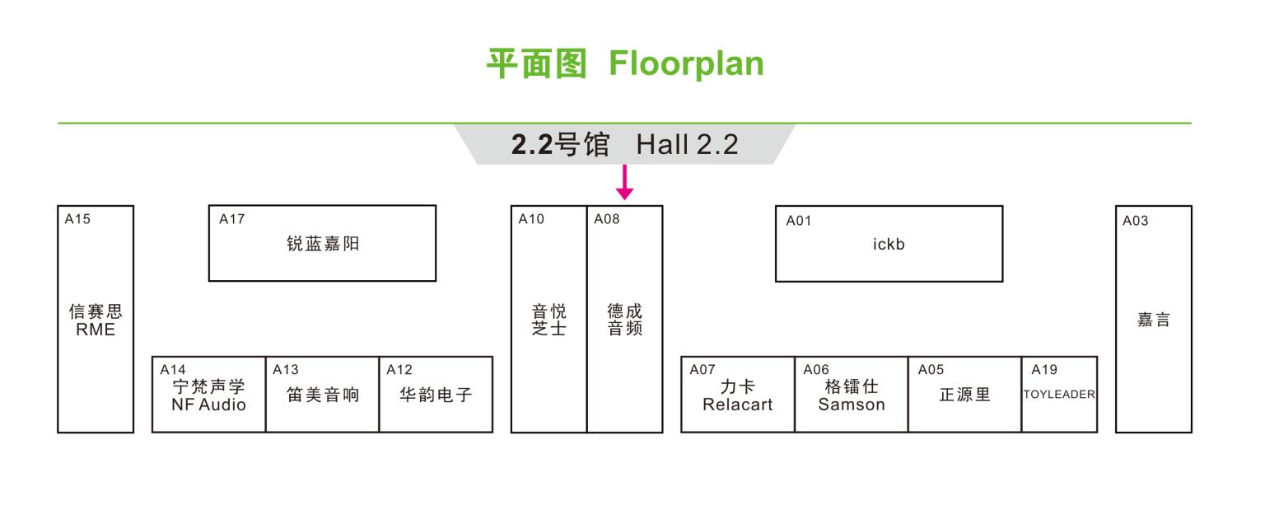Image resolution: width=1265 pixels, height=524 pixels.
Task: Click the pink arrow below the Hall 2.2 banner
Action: point(624,182)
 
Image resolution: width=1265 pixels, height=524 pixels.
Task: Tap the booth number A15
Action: point(77,219)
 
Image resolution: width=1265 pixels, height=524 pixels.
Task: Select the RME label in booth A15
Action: point(96,330)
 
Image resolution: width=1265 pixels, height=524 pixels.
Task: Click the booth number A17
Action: point(231,219)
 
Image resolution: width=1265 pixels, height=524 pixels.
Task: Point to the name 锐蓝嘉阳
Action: point(323,243)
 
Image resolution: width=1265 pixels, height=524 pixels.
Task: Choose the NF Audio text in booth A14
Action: point(208,405)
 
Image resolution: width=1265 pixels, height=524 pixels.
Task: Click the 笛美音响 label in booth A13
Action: point(323,394)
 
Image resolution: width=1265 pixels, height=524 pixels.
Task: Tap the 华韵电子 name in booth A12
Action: point(436,394)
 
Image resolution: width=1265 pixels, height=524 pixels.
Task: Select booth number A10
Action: point(531,219)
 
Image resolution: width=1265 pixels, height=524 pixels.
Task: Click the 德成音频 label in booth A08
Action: point(624,320)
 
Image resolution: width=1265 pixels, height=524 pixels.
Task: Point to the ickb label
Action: point(889,244)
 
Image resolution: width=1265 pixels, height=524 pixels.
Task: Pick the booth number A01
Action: point(799,221)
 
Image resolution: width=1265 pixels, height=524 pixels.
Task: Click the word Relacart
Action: point(738,405)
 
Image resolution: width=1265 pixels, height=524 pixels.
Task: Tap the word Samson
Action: point(852,405)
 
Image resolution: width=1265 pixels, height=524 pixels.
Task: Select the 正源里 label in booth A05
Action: point(964,394)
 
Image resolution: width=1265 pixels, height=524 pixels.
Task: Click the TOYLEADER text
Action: point(1059,394)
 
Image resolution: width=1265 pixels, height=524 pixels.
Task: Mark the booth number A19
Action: point(1044,370)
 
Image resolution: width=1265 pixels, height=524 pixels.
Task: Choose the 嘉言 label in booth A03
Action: point(1153,320)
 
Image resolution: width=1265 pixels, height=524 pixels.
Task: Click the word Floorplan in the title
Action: point(686,63)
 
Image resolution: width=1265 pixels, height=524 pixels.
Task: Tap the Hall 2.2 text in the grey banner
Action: point(688,144)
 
